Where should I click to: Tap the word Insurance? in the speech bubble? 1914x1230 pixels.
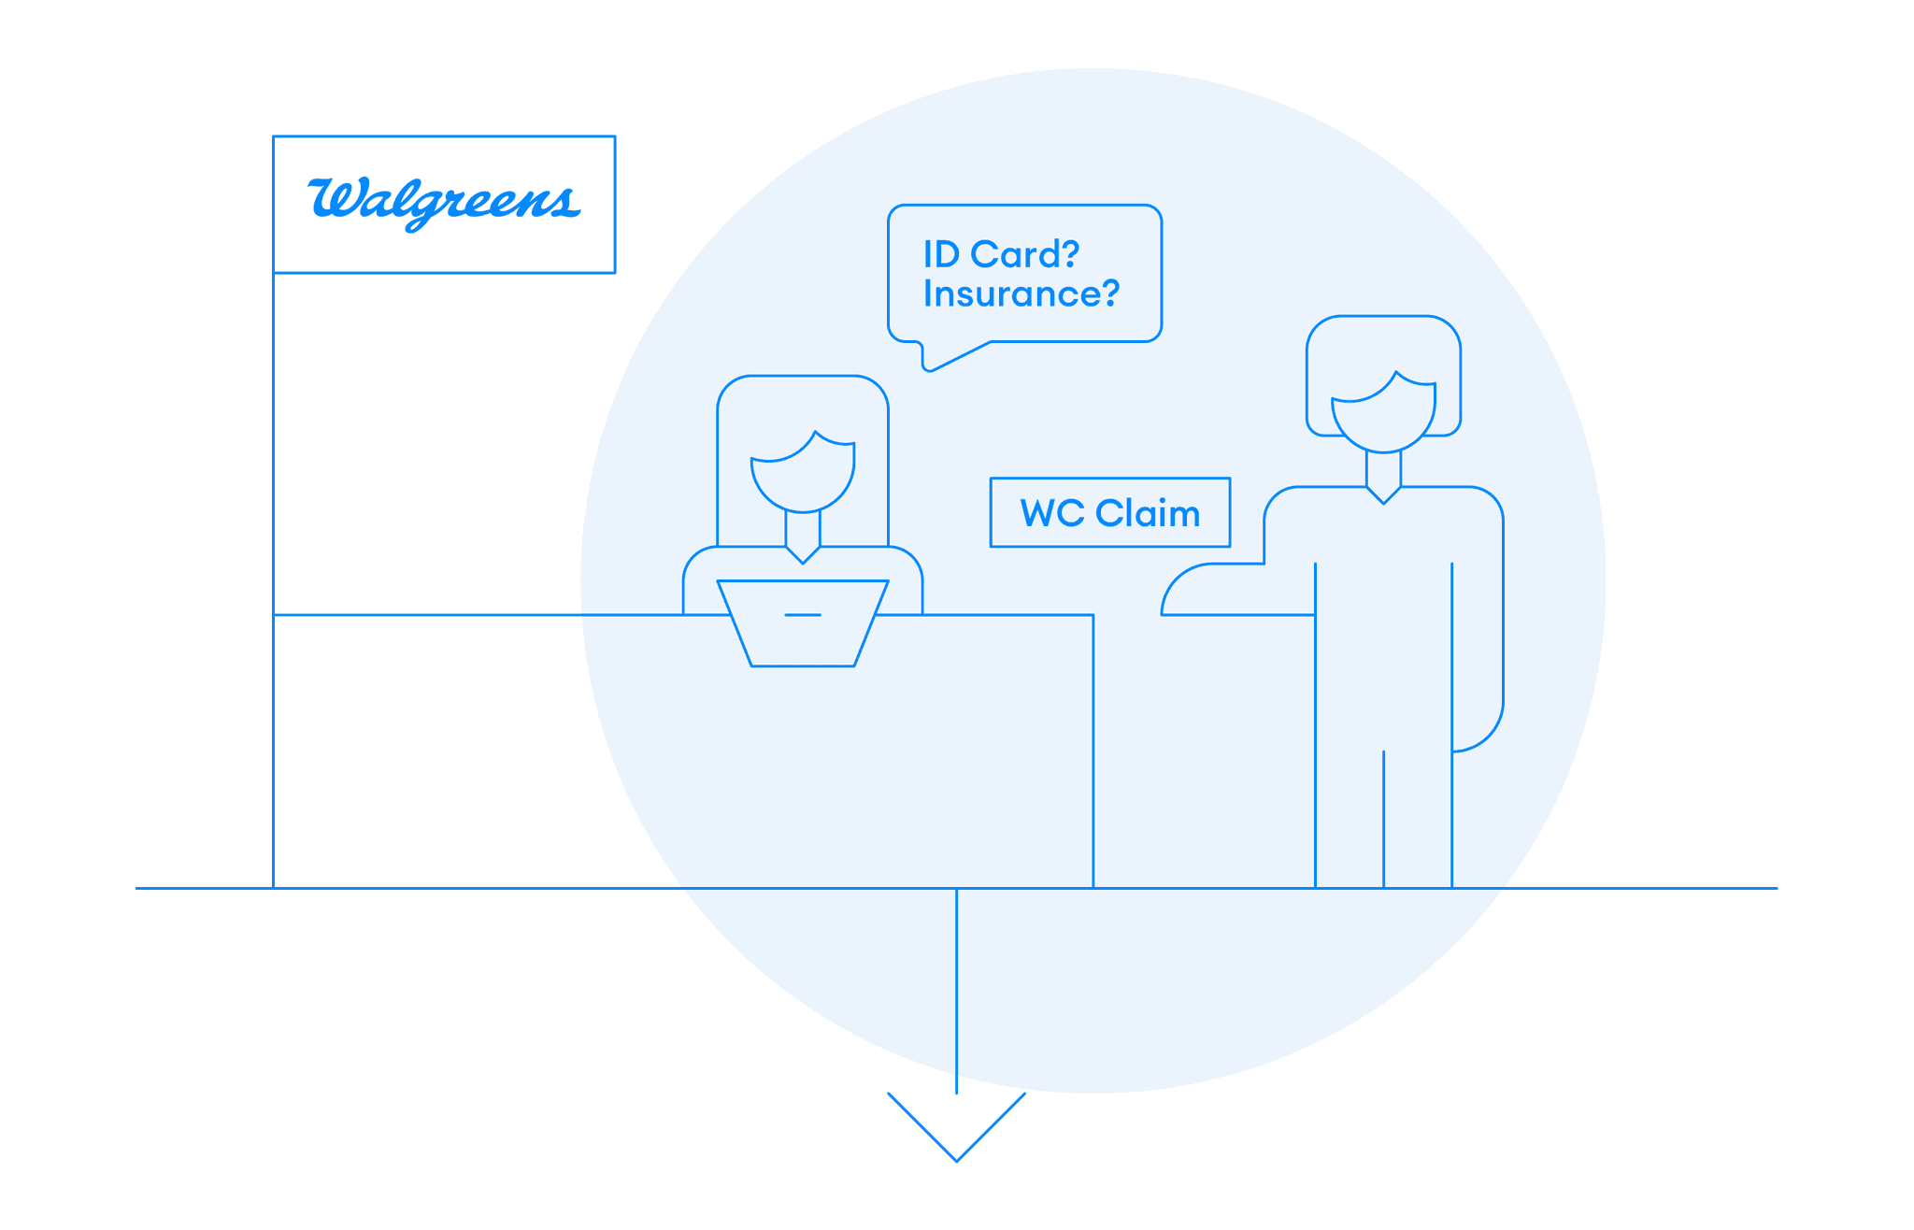(x=1021, y=294)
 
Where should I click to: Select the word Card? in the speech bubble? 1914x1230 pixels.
(x=1025, y=254)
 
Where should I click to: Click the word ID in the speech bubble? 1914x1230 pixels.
(x=941, y=254)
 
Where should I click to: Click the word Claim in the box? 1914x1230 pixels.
(x=1147, y=513)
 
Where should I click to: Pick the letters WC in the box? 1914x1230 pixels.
(x=1052, y=513)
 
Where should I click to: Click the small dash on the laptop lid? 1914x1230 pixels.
(x=803, y=615)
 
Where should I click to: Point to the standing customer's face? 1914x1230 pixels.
(x=1383, y=416)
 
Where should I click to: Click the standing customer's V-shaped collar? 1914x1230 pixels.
(x=1383, y=494)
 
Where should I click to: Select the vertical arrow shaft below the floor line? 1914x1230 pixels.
(x=956, y=991)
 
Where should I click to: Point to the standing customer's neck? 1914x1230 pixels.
(x=1383, y=467)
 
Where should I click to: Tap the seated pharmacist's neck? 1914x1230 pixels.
(x=803, y=528)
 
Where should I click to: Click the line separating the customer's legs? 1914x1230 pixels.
(x=1383, y=818)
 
